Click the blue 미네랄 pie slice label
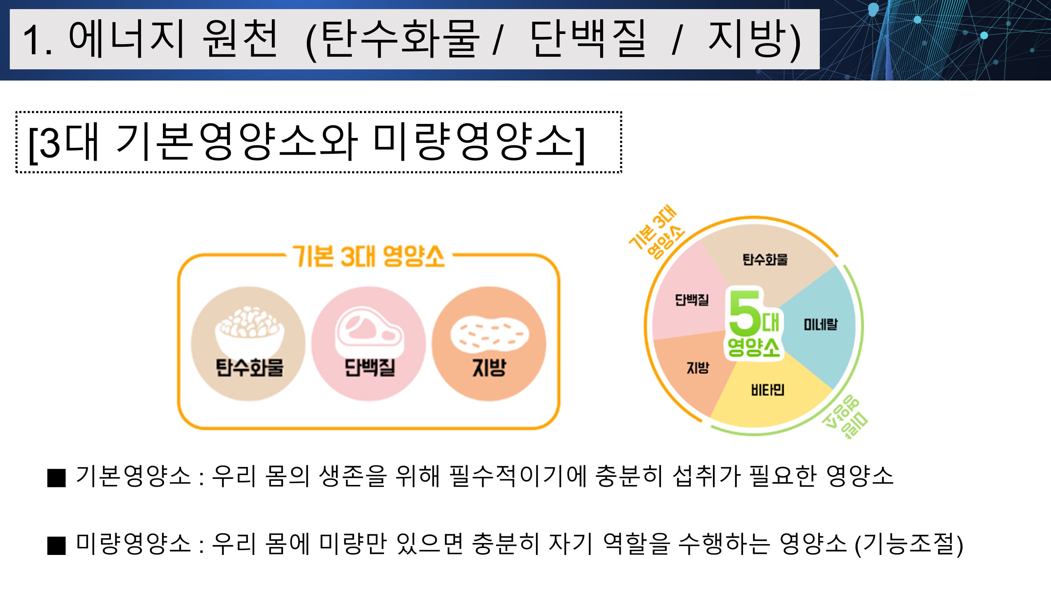click(820, 325)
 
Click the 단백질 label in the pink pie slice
click(692, 300)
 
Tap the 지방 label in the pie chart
click(697, 368)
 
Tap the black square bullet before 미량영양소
click(56, 546)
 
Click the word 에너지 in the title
click(126, 39)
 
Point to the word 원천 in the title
click(241, 39)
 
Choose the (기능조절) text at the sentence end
click(909, 545)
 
